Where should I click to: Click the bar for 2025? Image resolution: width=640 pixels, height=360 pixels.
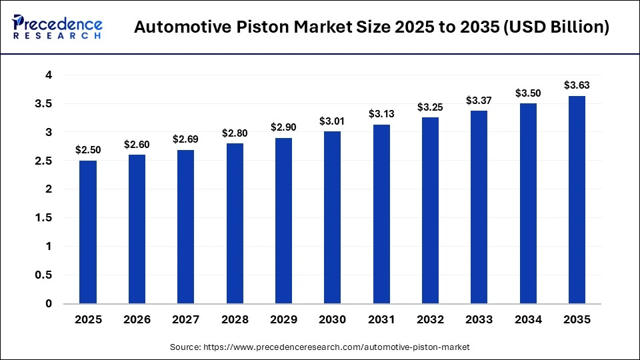[88, 232]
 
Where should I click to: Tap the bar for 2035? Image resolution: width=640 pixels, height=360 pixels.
[577, 199]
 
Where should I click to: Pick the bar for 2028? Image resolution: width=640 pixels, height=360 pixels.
[235, 223]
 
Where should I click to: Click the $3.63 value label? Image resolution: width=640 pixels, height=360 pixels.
[577, 85]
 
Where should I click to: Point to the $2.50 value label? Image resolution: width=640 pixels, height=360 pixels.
[88, 150]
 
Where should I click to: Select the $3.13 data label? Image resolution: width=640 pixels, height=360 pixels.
[381, 114]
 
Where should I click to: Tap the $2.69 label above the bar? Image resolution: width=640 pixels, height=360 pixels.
[186, 139]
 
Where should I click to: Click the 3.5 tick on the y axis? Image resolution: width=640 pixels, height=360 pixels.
[45, 104]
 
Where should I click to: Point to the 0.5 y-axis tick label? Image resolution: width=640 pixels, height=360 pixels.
[45, 275]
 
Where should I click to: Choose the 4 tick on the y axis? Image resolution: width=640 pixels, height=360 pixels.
[49, 75]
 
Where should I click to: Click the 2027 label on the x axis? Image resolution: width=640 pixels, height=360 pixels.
[186, 320]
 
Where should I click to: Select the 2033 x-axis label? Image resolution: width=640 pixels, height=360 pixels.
[479, 320]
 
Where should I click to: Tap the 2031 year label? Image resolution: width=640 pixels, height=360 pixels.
[381, 320]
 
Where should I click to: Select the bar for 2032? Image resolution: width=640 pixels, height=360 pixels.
[430, 211]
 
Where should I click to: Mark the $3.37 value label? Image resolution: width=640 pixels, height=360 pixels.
[479, 101]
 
